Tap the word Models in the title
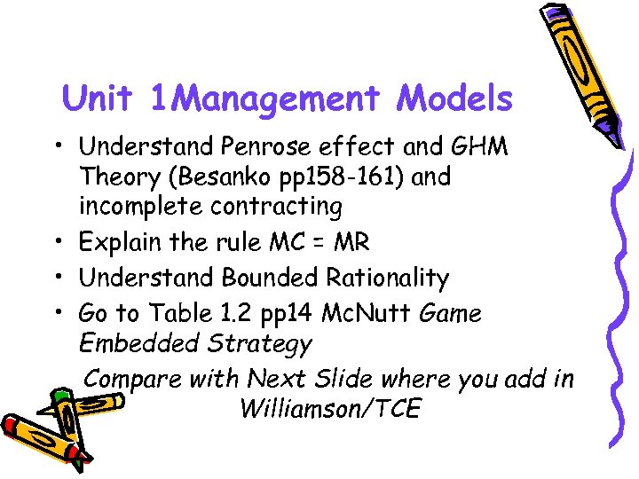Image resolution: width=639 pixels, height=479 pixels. (x=454, y=98)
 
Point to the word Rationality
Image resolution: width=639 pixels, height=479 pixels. (x=390, y=278)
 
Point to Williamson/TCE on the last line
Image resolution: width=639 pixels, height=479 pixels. (x=329, y=409)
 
